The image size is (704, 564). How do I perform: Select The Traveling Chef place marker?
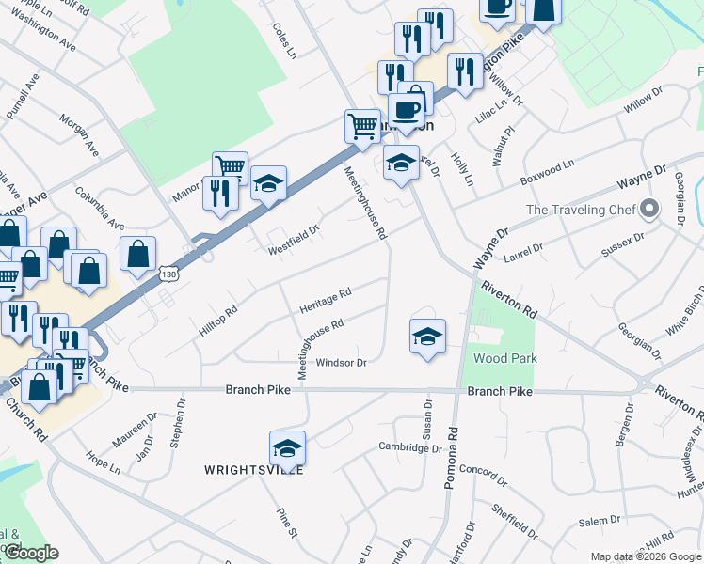(648, 210)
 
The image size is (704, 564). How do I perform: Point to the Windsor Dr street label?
(341, 363)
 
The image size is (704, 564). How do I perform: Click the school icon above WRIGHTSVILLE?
(288, 447)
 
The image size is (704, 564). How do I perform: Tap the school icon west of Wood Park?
(427, 337)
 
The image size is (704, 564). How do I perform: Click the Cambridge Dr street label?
(410, 448)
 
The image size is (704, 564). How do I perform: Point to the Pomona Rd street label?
(453, 460)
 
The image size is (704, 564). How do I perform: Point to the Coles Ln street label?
(285, 41)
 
